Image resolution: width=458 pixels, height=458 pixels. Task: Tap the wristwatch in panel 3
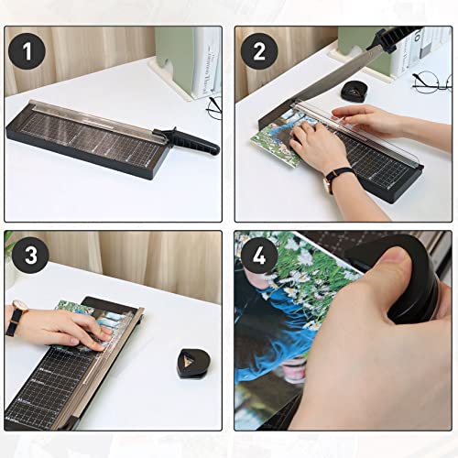pyautogui.click(x=16, y=320)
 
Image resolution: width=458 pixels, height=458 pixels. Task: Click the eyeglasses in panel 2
pyautogui.click(x=431, y=83)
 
